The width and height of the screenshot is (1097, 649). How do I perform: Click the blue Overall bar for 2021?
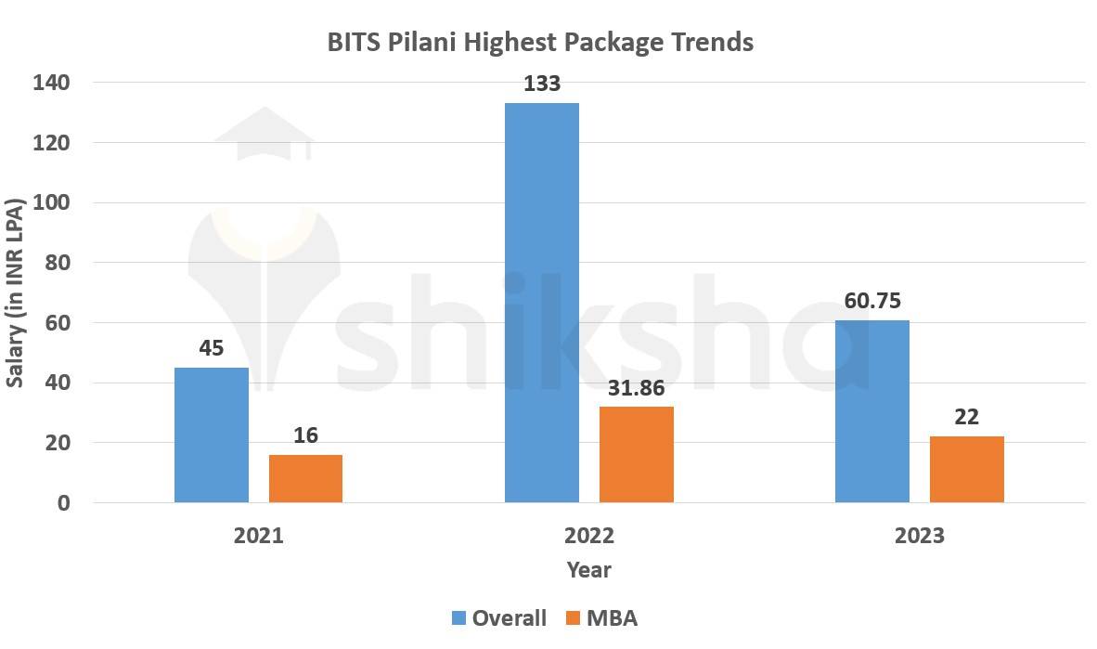coord(212,435)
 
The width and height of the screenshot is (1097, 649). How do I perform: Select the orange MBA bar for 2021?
coord(305,478)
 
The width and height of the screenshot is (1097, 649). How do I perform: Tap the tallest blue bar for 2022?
coord(542,303)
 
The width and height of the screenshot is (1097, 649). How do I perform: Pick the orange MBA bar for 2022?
coord(636,454)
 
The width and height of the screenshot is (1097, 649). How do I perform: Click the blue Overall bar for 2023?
coord(872,411)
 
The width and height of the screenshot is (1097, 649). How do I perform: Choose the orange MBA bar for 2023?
coord(966,469)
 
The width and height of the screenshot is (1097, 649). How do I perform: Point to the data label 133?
coord(542,84)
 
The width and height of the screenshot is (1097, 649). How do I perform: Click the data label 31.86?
coord(636,388)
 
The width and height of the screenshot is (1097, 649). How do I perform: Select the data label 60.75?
coord(872,301)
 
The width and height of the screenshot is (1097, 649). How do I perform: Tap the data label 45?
coord(212,348)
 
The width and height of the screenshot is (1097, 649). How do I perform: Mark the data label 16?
coord(305,435)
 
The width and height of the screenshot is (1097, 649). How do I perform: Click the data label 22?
coord(966,417)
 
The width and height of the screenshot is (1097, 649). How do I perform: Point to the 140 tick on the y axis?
coord(51,83)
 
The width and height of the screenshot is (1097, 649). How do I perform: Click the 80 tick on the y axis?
coord(57,263)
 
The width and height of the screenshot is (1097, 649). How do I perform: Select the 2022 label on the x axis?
coord(589,536)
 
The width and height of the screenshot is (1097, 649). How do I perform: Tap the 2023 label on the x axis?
coord(919,536)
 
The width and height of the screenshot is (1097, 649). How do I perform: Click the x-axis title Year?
coord(589,569)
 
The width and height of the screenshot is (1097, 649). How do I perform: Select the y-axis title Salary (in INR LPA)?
coord(16,292)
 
